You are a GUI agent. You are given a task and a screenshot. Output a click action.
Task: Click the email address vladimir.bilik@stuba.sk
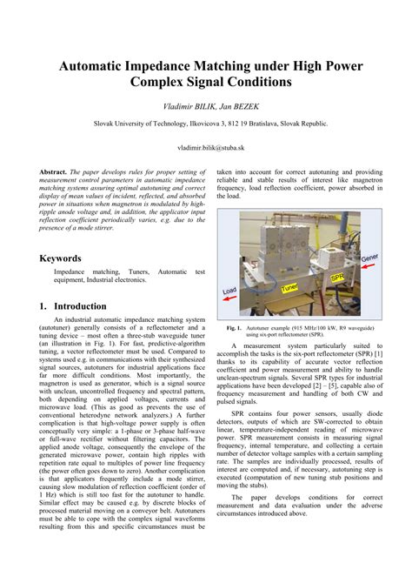point(206,149)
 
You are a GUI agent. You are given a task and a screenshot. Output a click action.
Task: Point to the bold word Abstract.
point(54,172)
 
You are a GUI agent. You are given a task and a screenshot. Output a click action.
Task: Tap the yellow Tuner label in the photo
point(290,285)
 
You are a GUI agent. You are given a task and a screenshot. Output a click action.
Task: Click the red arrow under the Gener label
point(367,267)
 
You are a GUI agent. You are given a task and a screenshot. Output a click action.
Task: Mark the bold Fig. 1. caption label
point(233,328)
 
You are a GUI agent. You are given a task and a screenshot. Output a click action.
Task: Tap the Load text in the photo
point(229,289)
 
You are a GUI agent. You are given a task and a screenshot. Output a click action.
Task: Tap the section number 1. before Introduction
point(44,306)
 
